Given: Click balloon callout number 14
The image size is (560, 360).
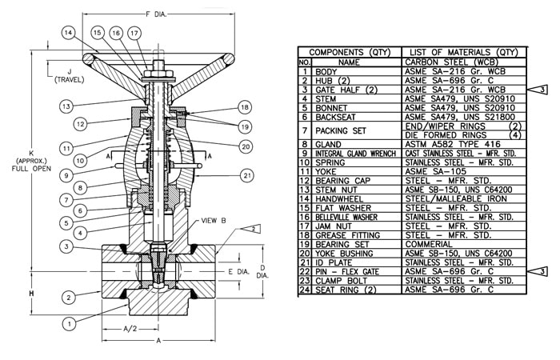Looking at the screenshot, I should click(x=69, y=33).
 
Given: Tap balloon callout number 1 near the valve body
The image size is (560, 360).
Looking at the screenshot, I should click(x=70, y=323).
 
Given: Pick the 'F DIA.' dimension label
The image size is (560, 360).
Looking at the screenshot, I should click(x=157, y=14).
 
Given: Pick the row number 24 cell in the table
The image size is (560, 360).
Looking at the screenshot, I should click(x=304, y=289).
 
